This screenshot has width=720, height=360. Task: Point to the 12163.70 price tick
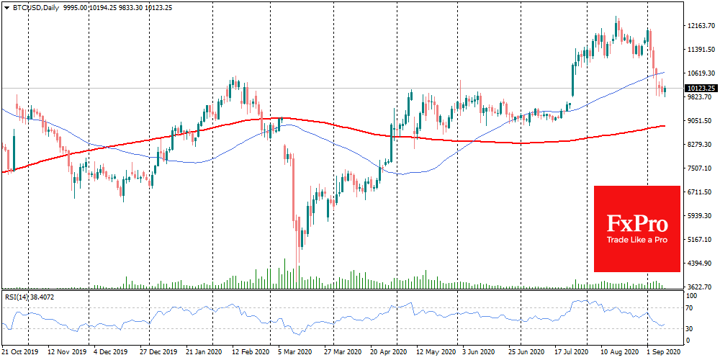pyautogui.click(x=700, y=26)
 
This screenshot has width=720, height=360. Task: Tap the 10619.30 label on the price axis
pyautogui.click(x=700, y=73)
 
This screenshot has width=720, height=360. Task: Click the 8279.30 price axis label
pyautogui.click(x=700, y=145)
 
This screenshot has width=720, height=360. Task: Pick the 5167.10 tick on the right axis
pyautogui.click(x=700, y=239)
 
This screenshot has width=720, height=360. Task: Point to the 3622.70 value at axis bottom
pyautogui.click(x=700, y=287)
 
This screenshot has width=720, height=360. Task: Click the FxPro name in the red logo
pyautogui.click(x=636, y=222)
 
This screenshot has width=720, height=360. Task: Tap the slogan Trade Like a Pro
pyautogui.click(x=636, y=240)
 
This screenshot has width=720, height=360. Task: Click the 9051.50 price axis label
pyautogui.click(x=700, y=121)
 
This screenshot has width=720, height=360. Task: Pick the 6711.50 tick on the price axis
pyautogui.click(x=700, y=192)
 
